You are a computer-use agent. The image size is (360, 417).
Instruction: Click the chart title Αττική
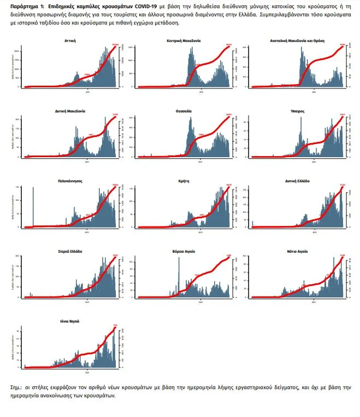point(70,41)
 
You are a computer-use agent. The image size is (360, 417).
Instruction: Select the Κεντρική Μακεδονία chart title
point(183,41)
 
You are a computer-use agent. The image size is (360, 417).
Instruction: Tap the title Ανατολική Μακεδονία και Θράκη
point(297,41)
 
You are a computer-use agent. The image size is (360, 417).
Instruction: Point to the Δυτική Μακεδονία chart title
point(70,111)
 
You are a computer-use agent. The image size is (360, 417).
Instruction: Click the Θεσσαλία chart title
point(183,111)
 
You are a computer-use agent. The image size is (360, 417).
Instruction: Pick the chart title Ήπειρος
point(297,111)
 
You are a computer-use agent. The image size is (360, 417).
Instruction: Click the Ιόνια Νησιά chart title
point(70,321)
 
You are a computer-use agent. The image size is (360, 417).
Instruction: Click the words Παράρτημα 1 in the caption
point(27,4)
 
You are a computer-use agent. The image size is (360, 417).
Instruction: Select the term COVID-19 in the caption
point(144,4)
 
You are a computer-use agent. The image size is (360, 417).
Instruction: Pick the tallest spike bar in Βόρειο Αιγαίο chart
point(179,276)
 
